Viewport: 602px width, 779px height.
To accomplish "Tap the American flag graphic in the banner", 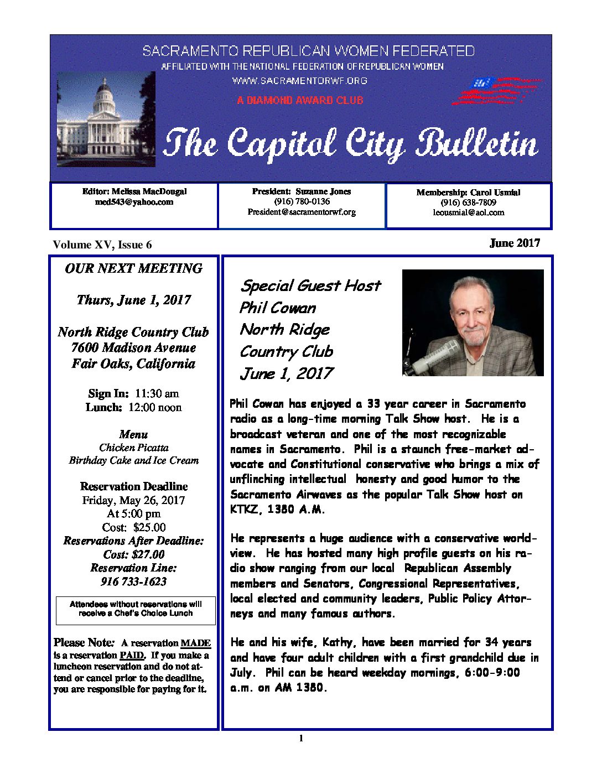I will (x=496, y=91).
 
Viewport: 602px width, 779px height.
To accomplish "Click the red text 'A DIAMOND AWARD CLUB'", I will (x=300, y=101).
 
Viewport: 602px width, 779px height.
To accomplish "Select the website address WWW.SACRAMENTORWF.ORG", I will (x=299, y=81).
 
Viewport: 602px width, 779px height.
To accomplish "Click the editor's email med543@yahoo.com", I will (x=134, y=202).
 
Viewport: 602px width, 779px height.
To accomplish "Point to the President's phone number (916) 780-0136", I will (x=302, y=201).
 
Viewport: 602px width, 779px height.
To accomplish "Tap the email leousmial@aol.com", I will (x=469, y=212).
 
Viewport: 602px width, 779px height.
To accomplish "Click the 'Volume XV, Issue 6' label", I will (x=102, y=245).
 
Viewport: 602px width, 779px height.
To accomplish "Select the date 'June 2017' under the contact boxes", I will (x=515, y=243).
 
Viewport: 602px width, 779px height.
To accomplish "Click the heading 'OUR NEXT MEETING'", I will (x=133, y=268).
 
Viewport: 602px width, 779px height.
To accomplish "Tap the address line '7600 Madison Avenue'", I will (x=133, y=347).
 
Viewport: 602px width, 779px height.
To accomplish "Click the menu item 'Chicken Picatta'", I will (x=134, y=448).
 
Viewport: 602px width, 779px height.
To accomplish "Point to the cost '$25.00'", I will (x=149, y=527).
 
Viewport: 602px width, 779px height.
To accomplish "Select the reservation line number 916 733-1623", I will (x=133, y=581).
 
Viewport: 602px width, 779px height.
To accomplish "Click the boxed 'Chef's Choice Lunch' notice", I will (x=136, y=609).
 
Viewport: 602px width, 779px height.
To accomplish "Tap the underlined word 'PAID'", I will (x=132, y=655).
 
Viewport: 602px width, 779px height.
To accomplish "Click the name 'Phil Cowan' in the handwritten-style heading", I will (x=278, y=308).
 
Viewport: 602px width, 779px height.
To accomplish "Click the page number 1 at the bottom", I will (x=301, y=738).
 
